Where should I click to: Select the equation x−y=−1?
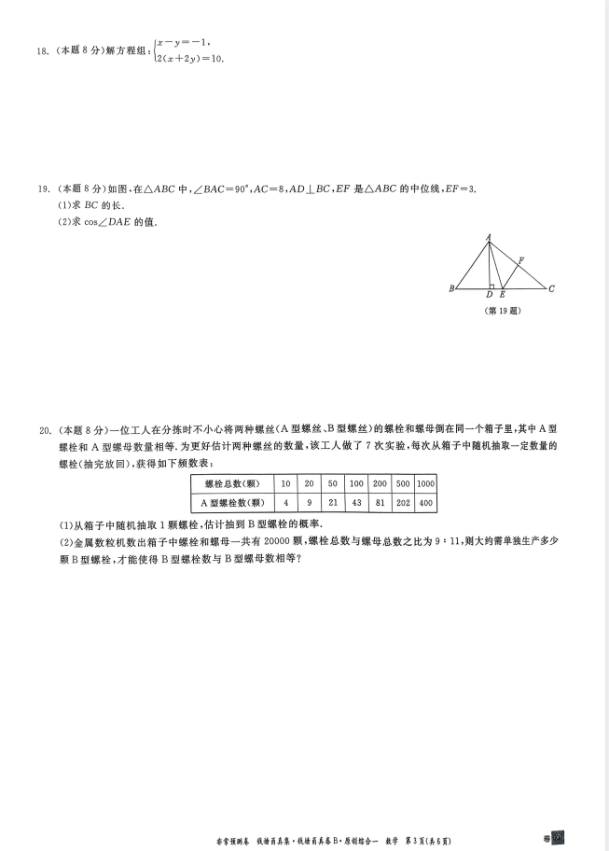tap(185, 42)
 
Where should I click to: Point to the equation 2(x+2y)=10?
tap(190, 59)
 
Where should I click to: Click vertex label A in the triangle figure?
tap(489, 237)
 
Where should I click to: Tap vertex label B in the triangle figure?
tap(451, 289)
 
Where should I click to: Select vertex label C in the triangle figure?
tap(552, 289)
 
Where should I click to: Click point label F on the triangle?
tap(521, 260)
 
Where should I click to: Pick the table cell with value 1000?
tap(426, 483)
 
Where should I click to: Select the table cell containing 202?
tap(403, 503)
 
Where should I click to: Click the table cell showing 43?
tap(356, 503)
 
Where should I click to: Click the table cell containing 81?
tap(380, 503)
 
